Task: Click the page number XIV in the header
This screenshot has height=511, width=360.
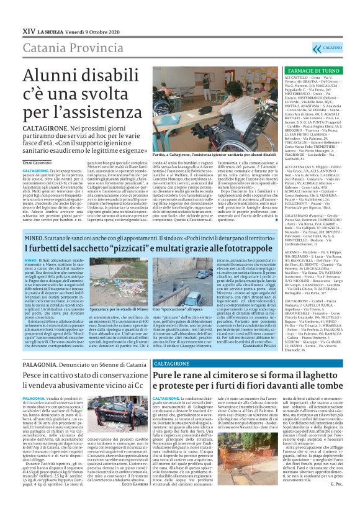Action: coord(28,29)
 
